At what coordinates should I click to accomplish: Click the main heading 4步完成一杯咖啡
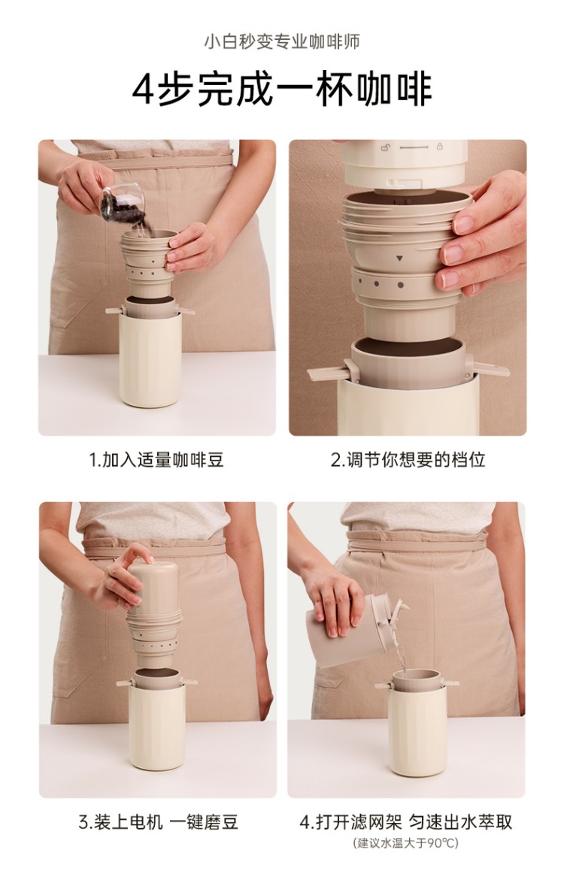282,89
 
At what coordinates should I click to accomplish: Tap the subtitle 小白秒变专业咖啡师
282,41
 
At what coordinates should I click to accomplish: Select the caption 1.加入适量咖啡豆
156,460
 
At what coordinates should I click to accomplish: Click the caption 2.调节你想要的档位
408,460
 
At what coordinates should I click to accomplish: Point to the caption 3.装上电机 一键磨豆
158,822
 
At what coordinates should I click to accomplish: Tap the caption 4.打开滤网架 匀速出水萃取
405,822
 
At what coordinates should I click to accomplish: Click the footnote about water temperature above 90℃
405,843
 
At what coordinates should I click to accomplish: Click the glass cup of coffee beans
122,203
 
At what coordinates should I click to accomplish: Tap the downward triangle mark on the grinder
399,259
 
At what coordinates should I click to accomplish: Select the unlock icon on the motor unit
386,147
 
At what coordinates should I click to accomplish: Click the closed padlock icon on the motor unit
439,147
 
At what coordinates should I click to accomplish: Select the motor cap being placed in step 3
153,586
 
